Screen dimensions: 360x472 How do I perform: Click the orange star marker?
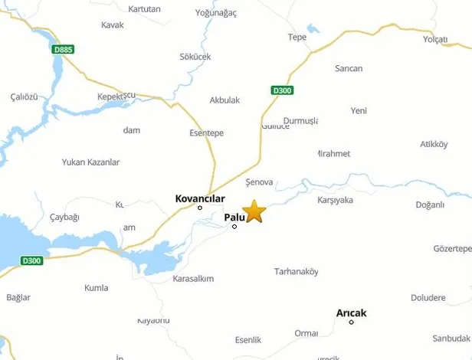pos(254,211)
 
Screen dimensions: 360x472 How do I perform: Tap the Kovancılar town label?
pos(199,198)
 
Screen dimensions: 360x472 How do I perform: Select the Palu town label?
pos(234,218)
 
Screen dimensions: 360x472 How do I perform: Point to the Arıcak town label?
pos(351,313)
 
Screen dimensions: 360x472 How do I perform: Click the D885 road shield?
pos(63,50)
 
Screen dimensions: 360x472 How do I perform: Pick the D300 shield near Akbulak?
pos(283,90)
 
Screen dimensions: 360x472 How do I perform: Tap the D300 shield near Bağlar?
pos(31,260)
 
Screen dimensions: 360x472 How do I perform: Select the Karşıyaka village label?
pos(335,200)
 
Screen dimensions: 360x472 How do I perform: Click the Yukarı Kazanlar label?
pos(91,162)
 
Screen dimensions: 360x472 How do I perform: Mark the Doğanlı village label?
pos(430,205)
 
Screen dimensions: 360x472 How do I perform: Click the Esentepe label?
pos(206,133)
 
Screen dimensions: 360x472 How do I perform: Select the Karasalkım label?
pos(193,279)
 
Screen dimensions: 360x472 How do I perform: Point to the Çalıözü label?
pos(24,96)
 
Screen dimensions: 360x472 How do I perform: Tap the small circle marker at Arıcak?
pos(351,322)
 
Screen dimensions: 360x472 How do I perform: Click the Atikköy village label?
pos(434,145)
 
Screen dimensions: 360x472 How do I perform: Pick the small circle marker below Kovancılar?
pos(200,208)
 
